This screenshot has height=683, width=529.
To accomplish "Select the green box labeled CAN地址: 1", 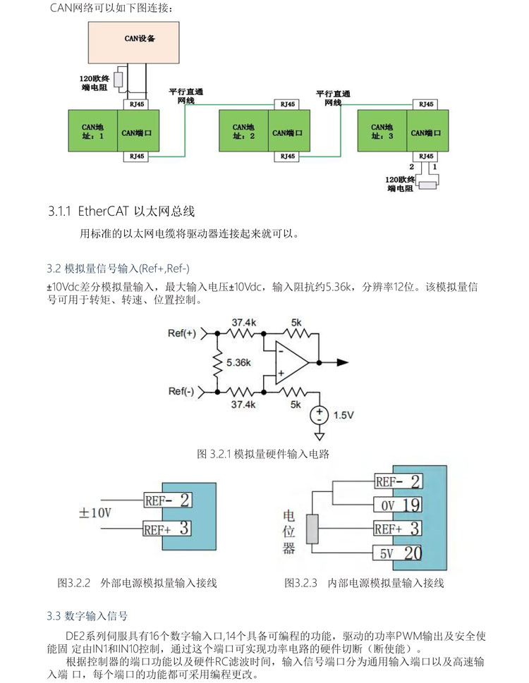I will click(x=93, y=131).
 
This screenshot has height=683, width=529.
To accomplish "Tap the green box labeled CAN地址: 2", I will click(x=243, y=131).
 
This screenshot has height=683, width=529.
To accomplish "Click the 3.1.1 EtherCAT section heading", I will click(x=121, y=210).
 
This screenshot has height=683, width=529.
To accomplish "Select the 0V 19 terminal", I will click(x=398, y=505).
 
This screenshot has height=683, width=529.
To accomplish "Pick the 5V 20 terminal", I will click(x=398, y=553).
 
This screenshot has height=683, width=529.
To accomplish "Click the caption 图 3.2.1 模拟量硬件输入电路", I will click(x=263, y=454).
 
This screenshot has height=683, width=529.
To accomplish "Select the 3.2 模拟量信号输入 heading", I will click(x=118, y=269).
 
